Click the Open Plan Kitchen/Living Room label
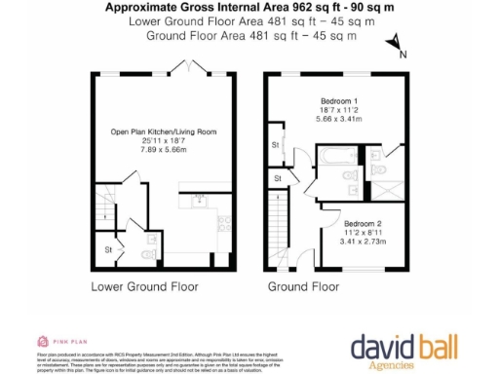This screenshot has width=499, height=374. tap(164, 131)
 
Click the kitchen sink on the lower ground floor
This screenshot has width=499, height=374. tap(200, 201)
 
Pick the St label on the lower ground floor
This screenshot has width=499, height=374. tap(107, 251)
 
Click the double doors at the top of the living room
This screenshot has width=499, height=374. tap(182, 66)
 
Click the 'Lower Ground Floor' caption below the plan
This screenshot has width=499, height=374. tap(144, 287)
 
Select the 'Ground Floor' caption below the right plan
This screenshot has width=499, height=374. tap(303, 287)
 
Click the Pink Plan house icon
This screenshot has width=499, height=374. tap(44, 340)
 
